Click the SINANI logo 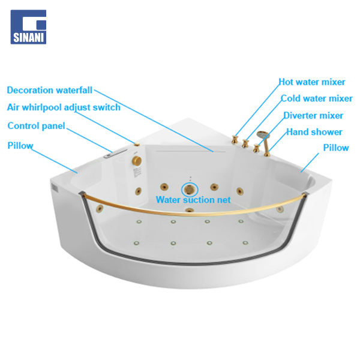coord(28,27)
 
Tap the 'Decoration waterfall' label coord(50,90)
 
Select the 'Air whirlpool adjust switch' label coord(64,107)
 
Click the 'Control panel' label coord(36,126)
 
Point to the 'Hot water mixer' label coord(312,82)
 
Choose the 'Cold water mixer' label coord(317,98)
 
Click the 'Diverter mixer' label coord(313,115)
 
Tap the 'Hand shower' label coord(314,132)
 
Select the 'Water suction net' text coord(193,200)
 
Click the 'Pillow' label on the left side coord(20,146)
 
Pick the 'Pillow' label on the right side coord(336,148)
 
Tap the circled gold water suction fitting coord(190,190)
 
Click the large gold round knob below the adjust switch coord(137,160)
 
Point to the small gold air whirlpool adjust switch coord(137,144)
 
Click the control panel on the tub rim coord(115,153)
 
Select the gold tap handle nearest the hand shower coord(256,148)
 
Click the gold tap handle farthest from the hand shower coord(235,140)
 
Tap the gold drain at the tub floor coord(190,210)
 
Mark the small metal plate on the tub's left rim coord(55,188)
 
